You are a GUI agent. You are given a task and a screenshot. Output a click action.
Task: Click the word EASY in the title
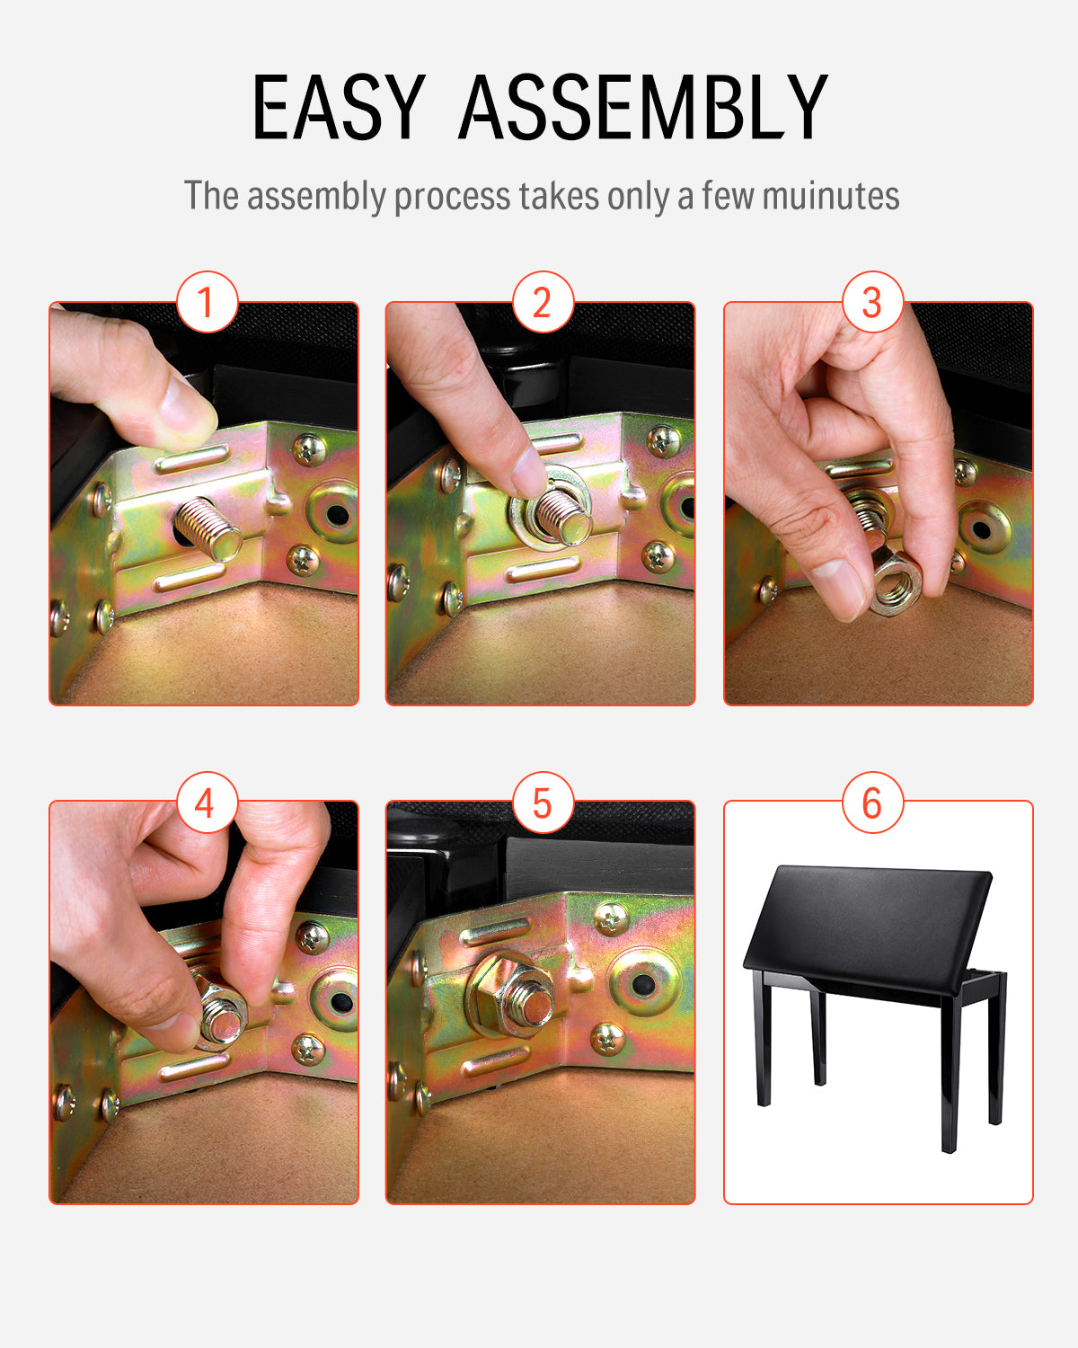coord(340,106)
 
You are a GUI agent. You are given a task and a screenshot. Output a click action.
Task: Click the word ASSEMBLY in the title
coord(644,106)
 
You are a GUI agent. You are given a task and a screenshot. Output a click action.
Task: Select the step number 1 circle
coord(208,302)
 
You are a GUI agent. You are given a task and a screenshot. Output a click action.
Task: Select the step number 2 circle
coord(543,302)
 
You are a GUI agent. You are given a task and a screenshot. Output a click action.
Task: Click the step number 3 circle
coord(872,302)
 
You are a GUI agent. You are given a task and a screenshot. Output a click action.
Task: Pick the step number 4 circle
coord(208,802)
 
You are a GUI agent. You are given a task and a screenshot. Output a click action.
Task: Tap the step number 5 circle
coord(543,802)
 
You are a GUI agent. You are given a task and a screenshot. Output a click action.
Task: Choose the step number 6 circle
coord(872,802)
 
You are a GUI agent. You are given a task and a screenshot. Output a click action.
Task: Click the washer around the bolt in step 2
coord(551,508)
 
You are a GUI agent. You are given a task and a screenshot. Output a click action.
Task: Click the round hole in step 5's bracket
coord(642,984)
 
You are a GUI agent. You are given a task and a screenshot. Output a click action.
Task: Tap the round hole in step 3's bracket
coord(981,530)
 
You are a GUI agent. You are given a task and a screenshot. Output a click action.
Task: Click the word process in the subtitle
coord(452,197)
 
